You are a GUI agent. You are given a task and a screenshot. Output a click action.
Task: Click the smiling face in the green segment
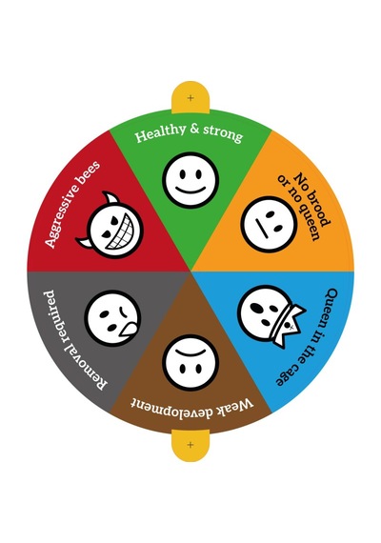190,180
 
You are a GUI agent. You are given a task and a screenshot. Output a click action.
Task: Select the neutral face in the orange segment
270,225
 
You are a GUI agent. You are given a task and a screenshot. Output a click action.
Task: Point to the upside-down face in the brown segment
190,363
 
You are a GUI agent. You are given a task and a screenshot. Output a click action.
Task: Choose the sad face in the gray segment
112,318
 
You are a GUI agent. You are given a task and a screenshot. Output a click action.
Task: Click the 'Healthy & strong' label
190,133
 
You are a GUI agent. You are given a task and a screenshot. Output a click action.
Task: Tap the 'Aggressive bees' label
72,204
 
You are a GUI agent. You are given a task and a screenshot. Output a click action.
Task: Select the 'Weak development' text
191,406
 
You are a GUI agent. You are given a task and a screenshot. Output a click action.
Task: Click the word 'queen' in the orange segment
301,215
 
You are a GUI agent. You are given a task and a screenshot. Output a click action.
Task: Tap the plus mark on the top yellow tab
190,98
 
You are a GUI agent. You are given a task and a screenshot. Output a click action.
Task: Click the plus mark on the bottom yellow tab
190,444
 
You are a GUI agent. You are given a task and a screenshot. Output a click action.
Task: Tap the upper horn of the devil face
111,198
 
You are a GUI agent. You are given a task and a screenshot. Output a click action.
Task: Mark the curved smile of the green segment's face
190,191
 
